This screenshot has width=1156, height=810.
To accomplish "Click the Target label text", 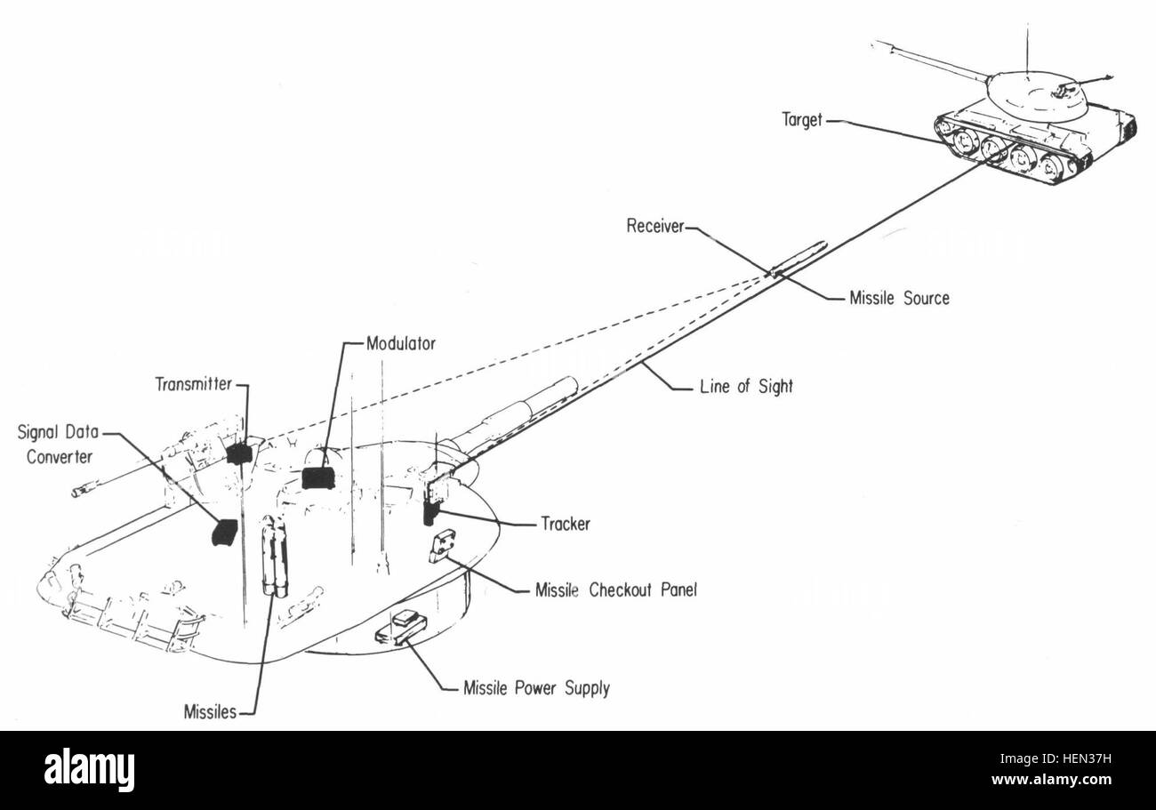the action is [802, 120].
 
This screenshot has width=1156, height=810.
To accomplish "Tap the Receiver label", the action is [655, 226].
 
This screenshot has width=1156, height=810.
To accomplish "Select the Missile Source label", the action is [900, 298].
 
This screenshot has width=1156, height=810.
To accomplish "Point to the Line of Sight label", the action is [746, 386].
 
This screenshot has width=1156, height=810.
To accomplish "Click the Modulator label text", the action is [401, 343].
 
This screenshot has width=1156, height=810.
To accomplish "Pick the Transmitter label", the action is [194, 384].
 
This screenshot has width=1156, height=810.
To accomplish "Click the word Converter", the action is [60, 457].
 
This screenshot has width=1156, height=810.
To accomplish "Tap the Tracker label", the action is [566, 525].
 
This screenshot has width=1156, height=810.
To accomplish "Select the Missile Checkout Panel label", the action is [616, 589].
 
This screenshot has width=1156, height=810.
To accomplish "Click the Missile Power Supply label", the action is [537, 688].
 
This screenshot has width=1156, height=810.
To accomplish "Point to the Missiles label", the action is [210, 712].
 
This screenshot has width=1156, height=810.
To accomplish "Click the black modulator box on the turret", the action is [318, 477].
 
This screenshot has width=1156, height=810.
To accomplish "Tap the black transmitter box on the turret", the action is [239, 453].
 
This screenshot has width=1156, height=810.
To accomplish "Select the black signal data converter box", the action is [224, 532].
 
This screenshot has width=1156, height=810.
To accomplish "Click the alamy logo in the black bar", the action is [89, 769].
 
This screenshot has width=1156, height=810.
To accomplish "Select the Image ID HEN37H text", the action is [1056, 758].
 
